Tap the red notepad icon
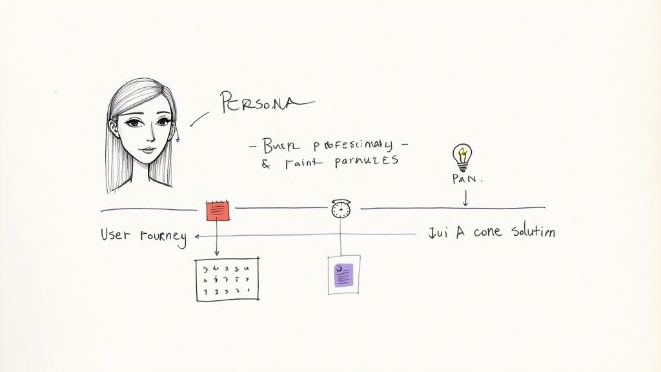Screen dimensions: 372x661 pyautogui.click(x=218, y=211)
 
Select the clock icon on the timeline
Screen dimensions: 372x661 pyautogui.click(x=340, y=209)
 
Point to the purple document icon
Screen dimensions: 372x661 pyautogui.click(x=343, y=274)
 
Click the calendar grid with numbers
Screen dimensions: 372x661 pyautogui.click(x=227, y=279)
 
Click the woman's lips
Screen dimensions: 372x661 pyautogui.click(x=148, y=150)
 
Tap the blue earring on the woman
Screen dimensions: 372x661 pyautogui.click(x=178, y=138)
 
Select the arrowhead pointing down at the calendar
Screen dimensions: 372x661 pyautogui.click(x=217, y=253)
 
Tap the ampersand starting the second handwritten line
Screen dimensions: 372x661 pyautogui.click(x=265, y=163)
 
